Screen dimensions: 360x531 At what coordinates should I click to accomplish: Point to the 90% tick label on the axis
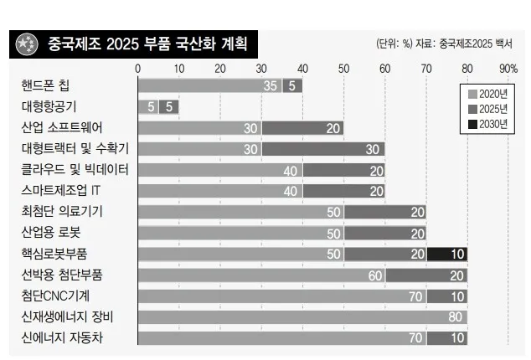click(508, 68)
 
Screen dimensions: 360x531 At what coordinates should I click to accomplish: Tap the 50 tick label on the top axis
click(343, 68)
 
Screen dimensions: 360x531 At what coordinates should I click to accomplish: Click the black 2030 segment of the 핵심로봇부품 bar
click(446, 254)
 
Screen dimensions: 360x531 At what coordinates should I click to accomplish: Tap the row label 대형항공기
click(52, 106)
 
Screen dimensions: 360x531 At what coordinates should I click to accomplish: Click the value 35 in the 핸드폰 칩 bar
click(270, 85)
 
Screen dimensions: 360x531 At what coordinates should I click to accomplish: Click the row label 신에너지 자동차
click(68, 338)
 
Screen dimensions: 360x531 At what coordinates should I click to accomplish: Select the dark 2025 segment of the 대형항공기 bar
click(168, 106)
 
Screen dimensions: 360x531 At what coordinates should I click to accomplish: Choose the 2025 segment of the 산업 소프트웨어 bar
click(302, 127)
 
